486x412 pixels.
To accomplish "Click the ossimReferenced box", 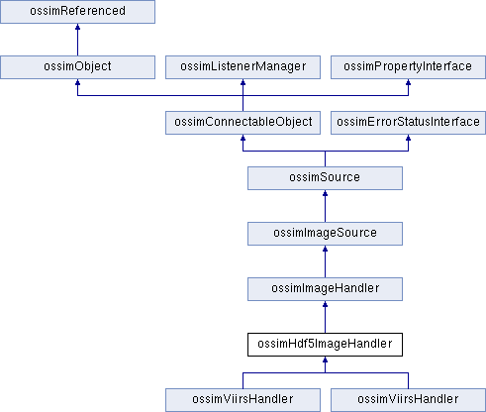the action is click(77, 12).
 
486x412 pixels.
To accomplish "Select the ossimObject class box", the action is click(77, 67).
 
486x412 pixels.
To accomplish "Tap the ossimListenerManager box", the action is click(243, 67).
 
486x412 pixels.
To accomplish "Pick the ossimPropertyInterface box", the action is click(408, 67).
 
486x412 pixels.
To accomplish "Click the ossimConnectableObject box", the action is click(243, 123).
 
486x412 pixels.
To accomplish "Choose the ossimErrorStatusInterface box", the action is click(408, 123).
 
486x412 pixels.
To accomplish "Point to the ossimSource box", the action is click(325, 178).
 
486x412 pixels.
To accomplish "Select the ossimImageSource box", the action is click(325, 234).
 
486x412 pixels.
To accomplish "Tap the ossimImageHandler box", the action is click(325, 289).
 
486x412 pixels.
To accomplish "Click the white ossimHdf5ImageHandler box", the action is click(325, 345).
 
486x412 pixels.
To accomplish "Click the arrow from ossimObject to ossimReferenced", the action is click(77, 40).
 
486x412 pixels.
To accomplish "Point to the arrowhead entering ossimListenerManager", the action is click(243, 82).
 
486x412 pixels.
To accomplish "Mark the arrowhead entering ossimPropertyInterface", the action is click(408, 82).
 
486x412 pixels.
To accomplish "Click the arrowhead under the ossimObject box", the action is click(77, 82).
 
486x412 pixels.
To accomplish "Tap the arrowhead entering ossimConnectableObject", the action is click(243, 138).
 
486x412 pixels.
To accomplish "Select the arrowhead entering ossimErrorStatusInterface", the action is click(408, 138).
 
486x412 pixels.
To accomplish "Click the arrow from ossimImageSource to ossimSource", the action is click(325, 206).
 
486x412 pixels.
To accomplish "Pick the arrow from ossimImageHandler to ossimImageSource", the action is click(325, 261).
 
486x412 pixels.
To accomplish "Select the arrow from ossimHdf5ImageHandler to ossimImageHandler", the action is click(325, 317).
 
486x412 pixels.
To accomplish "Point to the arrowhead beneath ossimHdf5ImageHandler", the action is click(325, 360).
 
